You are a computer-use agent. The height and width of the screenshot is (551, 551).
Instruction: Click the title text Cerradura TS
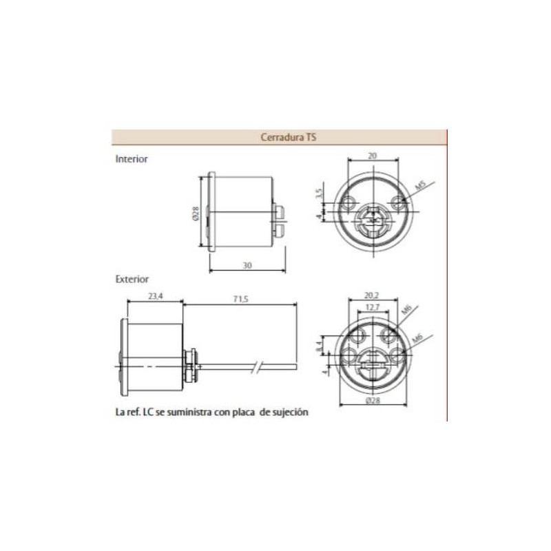coord(289,137)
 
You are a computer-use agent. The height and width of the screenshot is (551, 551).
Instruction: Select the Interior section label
coord(132,158)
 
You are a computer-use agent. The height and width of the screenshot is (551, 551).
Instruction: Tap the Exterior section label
coord(132,280)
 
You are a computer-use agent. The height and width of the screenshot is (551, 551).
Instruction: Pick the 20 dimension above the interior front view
coord(372,156)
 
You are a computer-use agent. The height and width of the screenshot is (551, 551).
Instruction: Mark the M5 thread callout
coord(419,186)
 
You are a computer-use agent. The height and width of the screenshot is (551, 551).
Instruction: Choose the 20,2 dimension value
coord(371,297)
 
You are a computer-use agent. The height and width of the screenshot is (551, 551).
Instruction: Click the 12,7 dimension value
coord(372,307)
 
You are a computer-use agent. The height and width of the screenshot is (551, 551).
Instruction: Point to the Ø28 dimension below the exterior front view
coord(372,400)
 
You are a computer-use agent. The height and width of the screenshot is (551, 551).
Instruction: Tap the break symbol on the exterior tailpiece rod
coord(258,367)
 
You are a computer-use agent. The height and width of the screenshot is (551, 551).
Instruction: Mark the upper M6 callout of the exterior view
coord(406,313)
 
